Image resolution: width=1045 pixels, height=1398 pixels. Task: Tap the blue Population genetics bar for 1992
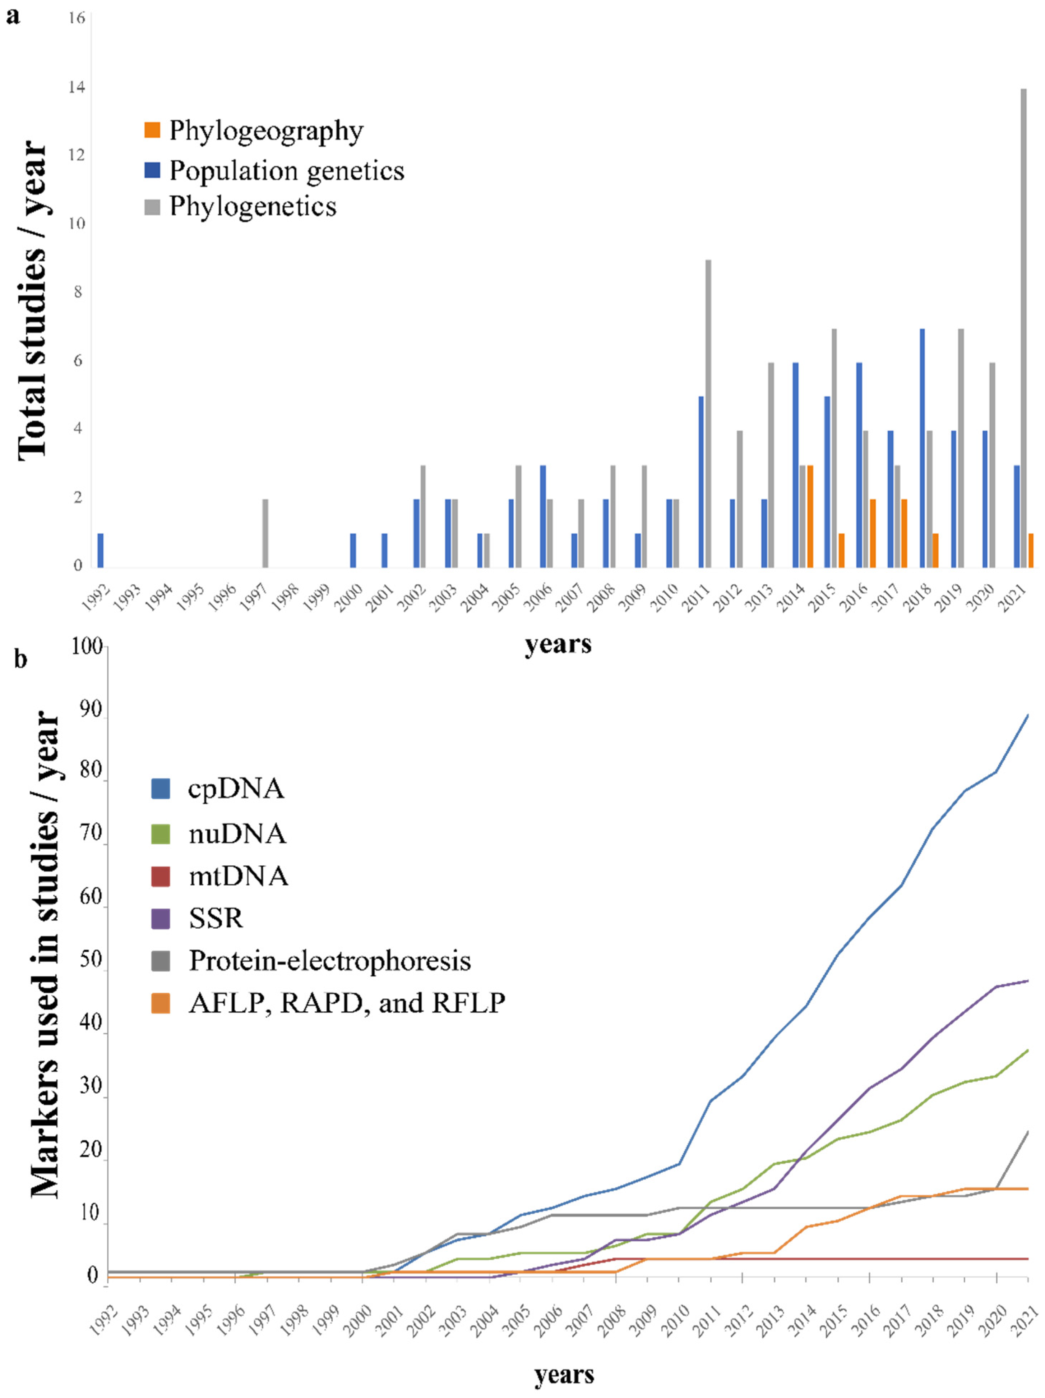point(101,550)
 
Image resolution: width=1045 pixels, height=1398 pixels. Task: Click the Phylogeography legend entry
point(266,131)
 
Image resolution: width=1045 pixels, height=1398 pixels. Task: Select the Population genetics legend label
point(286,171)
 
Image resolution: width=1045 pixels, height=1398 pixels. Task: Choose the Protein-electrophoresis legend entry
point(329,961)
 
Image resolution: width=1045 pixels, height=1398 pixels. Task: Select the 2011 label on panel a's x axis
point(696,597)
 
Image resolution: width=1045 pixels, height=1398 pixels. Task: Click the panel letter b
point(21,659)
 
